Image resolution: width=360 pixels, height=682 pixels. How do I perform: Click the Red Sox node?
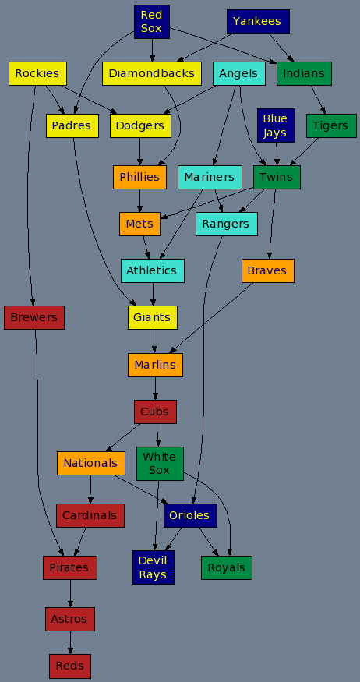click(152, 22)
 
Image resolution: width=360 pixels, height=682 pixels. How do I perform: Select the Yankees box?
click(258, 21)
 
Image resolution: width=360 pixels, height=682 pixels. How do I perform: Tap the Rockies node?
click(37, 73)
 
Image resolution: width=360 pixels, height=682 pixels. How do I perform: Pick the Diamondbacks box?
click(152, 73)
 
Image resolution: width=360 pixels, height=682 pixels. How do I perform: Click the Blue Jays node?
click(276, 125)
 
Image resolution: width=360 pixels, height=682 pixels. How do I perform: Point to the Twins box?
click(277, 178)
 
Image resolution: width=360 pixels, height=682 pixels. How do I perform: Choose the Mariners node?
click(210, 178)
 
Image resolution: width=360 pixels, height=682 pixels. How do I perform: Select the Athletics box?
click(153, 270)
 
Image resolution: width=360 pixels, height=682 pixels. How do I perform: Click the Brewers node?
click(34, 317)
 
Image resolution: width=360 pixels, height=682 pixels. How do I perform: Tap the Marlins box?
click(155, 365)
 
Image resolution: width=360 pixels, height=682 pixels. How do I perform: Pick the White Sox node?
click(160, 464)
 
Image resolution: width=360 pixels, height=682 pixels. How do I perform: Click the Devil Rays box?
click(154, 567)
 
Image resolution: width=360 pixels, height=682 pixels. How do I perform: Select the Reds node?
click(70, 666)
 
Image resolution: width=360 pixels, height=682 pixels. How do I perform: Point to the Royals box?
click(227, 567)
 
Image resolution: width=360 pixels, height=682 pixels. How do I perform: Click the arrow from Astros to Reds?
click(70, 642)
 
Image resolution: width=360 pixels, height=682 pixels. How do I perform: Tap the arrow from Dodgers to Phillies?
click(139, 151)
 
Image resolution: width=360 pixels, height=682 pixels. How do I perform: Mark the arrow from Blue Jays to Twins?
click(277, 154)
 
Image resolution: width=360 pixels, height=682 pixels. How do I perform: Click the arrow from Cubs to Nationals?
click(122, 437)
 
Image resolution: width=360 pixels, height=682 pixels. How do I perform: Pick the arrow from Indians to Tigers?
click(318, 100)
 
